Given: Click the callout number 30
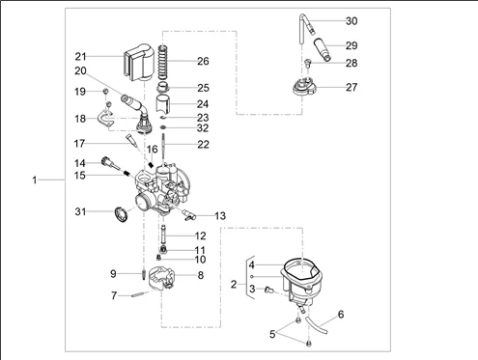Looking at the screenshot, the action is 351,21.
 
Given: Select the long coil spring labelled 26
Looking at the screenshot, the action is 163,63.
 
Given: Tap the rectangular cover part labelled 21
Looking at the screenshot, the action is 138,61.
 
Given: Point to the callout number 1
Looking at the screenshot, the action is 35,180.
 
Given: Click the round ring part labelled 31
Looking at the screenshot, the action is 122,214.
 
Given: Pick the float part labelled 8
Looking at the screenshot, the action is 160,278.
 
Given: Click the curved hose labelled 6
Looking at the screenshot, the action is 317,325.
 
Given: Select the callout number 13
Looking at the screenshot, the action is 220,216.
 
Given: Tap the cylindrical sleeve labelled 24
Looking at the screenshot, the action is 162,103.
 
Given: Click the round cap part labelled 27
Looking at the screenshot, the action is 304,87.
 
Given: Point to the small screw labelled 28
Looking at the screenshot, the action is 308,62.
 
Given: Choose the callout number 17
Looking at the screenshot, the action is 79,144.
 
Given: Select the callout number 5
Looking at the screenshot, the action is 272,335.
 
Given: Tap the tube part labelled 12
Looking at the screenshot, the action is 163,235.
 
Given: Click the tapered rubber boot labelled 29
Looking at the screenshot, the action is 323,49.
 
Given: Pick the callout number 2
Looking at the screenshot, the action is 234,285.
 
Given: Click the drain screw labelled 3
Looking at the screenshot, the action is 269,291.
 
